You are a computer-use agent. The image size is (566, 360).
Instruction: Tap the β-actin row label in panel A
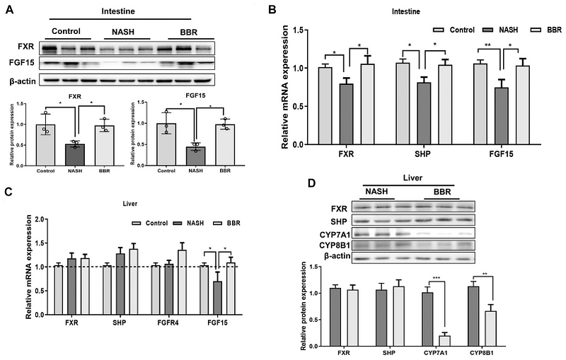[23, 82]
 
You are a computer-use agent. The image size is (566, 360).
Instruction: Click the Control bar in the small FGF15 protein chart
[166, 143]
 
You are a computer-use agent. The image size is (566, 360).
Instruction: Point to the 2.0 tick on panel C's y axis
[46, 219]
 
